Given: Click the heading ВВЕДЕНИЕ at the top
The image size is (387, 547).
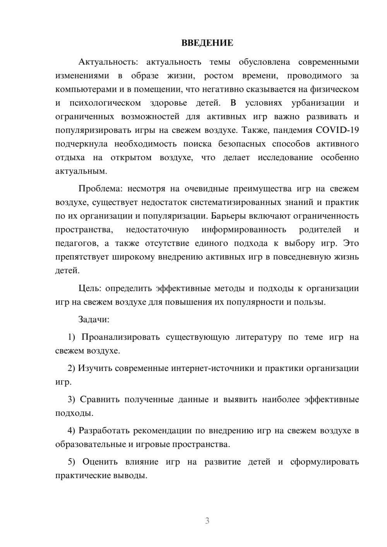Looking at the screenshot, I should click(207, 43).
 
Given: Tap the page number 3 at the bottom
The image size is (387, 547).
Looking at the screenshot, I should click(207, 521).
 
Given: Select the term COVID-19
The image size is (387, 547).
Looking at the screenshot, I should click(337, 130).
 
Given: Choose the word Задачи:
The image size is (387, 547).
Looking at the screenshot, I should click(94, 320).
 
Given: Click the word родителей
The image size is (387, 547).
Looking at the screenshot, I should click(320, 230).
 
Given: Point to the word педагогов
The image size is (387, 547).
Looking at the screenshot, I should click(75, 243).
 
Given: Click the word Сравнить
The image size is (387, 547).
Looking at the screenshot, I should click(100, 400).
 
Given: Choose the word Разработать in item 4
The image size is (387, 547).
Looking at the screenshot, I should click(103, 431).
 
